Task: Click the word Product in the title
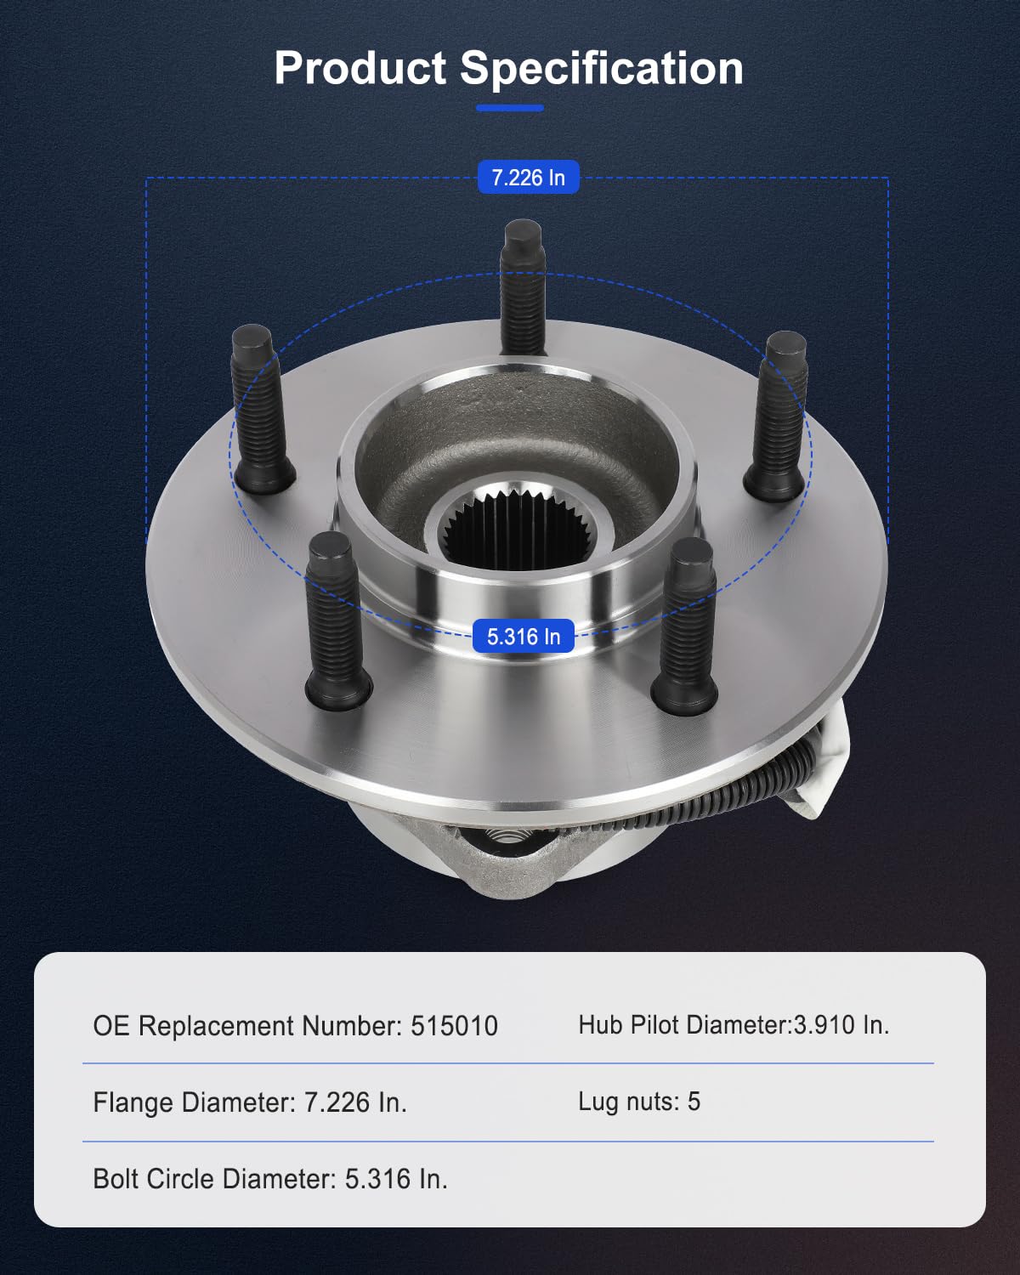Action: tap(360, 68)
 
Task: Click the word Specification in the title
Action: tap(602, 68)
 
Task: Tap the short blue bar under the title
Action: tap(509, 108)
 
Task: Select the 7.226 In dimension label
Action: tap(528, 178)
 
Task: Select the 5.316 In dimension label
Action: tap(523, 637)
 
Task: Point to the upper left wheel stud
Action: tap(260, 408)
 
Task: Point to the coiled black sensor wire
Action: tap(739, 790)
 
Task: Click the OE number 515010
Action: tap(454, 1026)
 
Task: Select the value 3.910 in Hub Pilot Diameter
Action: tap(824, 1025)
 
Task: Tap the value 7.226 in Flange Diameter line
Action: tap(337, 1102)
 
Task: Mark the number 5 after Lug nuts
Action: tap(694, 1102)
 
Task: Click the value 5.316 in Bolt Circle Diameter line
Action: tap(377, 1179)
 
